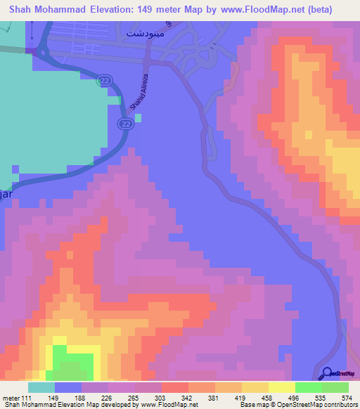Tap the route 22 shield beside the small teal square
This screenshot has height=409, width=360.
coord(124,124)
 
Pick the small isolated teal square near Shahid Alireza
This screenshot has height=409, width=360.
coord(139,117)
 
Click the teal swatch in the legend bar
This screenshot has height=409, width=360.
coord(41,387)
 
